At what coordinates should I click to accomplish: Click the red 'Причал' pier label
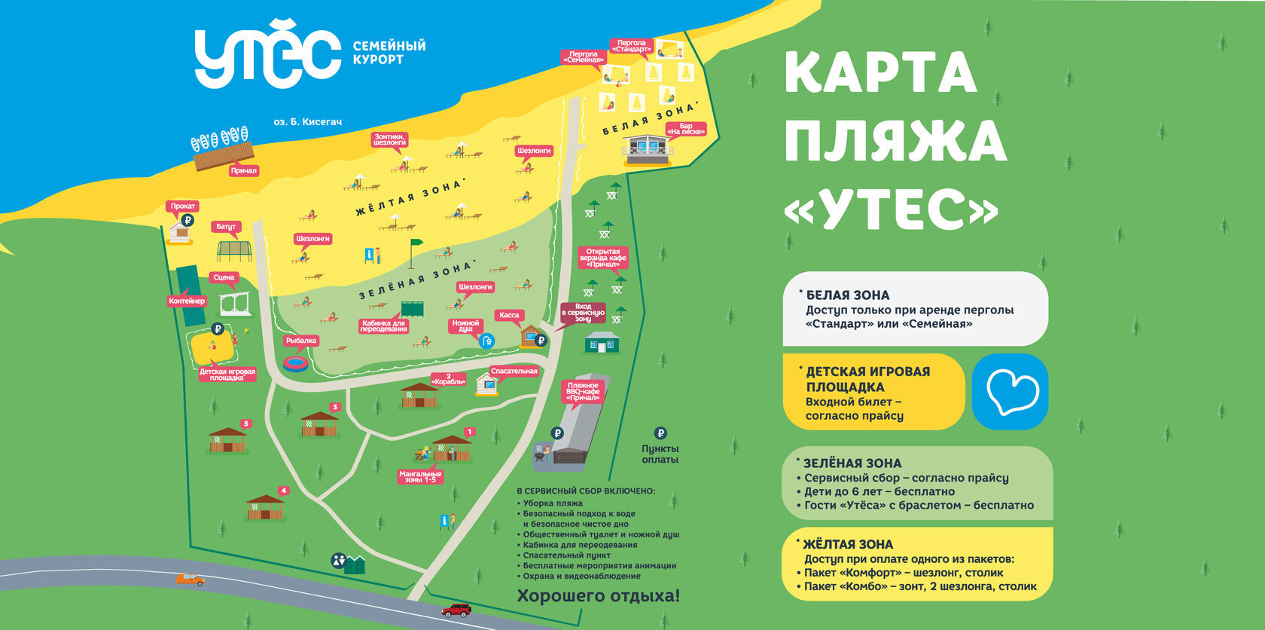tap(243, 171)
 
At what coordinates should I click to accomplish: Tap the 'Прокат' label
tap(182, 206)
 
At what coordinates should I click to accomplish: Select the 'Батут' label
tap(226, 226)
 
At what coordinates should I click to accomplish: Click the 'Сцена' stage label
tap(224, 277)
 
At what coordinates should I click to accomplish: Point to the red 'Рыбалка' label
tap(301, 341)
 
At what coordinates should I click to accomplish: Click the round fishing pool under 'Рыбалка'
tap(296, 363)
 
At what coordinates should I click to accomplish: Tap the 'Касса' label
tap(509, 315)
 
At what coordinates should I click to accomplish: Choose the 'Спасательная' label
tap(514, 371)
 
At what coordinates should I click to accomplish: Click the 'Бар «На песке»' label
tap(686, 129)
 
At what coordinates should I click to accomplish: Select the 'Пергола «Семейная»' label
tap(584, 57)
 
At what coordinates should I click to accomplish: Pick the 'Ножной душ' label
tap(465, 326)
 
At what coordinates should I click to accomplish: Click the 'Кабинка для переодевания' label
tap(383, 326)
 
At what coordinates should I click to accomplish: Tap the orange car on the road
tap(190, 579)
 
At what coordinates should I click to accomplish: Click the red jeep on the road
tap(456, 610)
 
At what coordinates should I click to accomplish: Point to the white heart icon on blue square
tap(1010, 392)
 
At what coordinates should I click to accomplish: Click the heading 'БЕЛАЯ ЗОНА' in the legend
tap(847, 295)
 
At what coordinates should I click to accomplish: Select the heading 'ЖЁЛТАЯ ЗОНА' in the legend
tap(848, 544)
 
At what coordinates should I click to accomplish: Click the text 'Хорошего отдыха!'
tap(598, 596)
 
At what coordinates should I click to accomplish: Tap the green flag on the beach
tap(415, 244)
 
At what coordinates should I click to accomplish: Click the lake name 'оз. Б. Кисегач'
tap(307, 121)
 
